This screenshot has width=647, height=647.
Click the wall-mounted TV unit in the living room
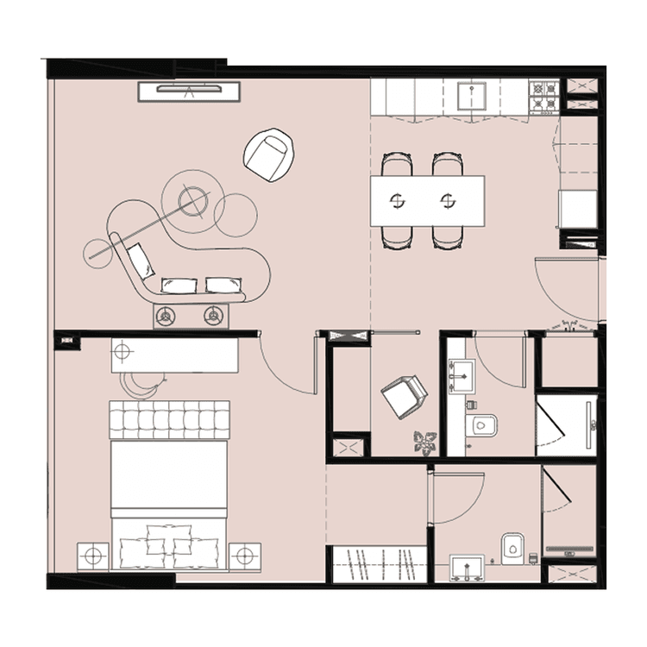click(x=188, y=91)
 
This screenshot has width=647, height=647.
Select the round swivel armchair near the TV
click(x=270, y=154)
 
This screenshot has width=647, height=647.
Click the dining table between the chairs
click(x=427, y=201)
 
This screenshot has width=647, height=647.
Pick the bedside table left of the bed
click(x=93, y=556)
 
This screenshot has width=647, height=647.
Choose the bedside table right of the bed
click(x=245, y=556)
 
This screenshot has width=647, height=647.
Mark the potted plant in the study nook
click(x=424, y=443)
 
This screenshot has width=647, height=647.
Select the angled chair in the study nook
click(x=405, y=396)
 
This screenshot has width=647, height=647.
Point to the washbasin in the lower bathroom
click(x=468, y=568)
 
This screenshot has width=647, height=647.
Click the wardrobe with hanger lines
click(x=380, y=564)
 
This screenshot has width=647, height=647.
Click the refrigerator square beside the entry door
click(x=576, y=210)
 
